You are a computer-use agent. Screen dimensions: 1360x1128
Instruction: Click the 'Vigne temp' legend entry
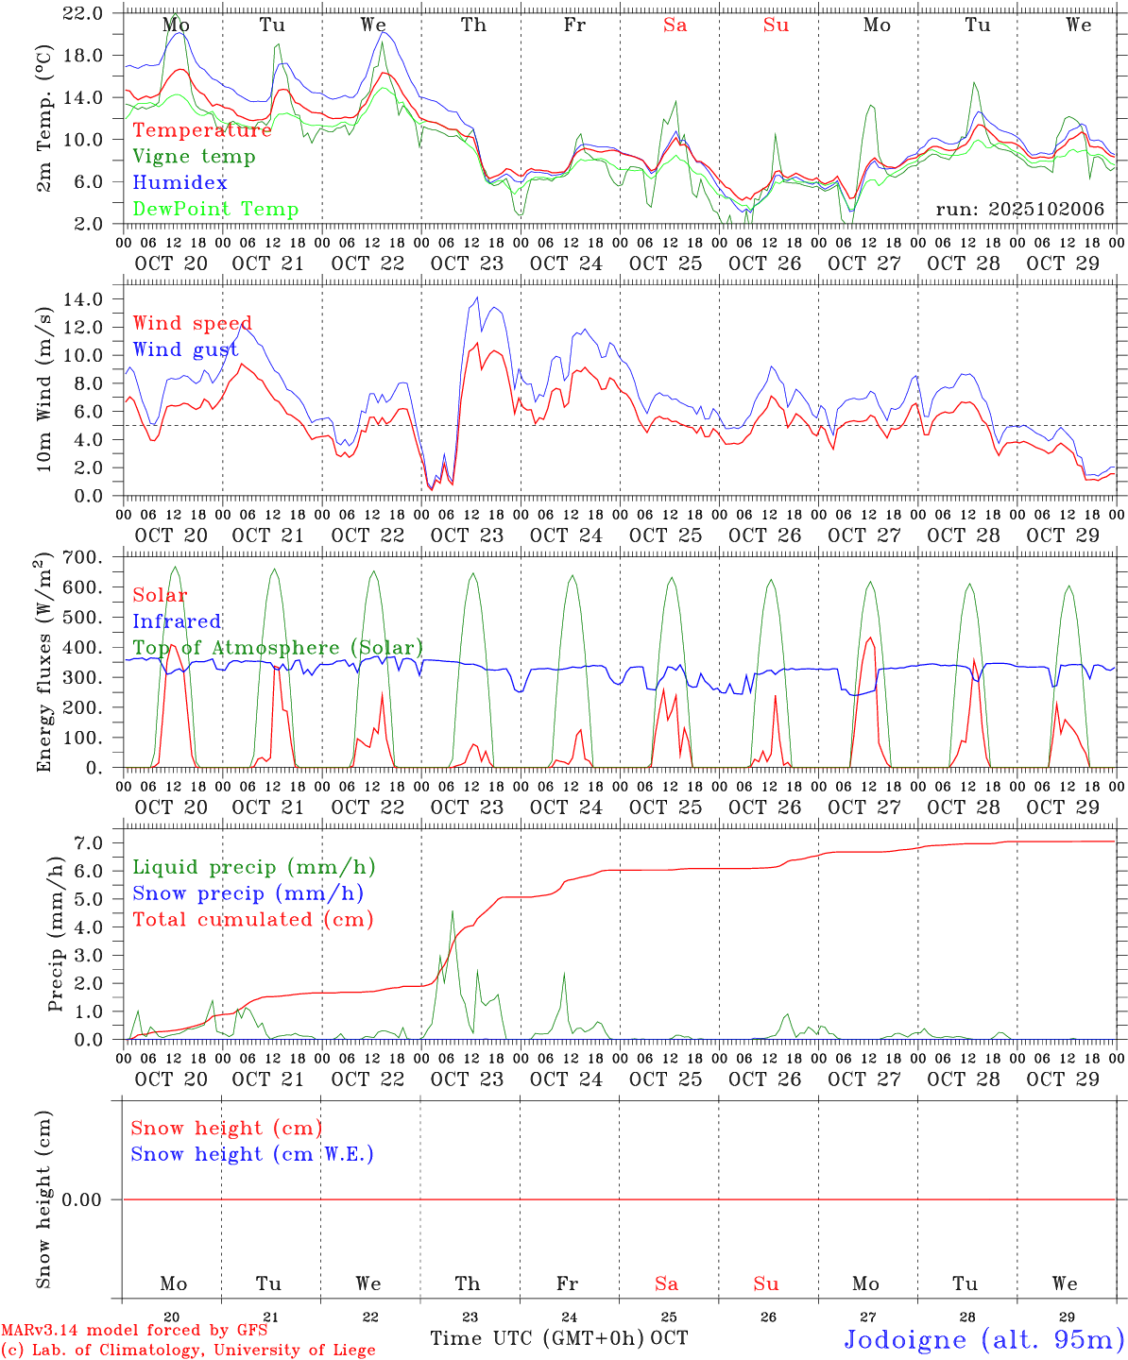point(194,157)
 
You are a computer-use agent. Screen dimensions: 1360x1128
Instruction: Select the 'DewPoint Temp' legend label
point(215,210)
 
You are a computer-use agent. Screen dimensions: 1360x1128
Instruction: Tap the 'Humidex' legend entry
point(179,183)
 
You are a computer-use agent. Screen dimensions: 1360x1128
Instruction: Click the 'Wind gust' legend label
point(185,350)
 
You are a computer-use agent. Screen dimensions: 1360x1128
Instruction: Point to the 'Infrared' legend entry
point(177,621)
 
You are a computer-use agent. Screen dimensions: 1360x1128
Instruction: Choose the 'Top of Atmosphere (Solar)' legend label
point(277,648)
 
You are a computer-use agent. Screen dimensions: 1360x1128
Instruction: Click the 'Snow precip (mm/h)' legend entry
point(248,893)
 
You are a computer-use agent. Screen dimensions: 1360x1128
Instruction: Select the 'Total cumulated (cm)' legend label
point(252,920)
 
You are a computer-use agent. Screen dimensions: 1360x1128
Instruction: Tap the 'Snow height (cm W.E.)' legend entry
point(251,1154)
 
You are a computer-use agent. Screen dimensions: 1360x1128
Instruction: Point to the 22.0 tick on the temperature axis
point(84,13)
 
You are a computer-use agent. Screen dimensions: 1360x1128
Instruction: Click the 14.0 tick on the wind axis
point(84,299)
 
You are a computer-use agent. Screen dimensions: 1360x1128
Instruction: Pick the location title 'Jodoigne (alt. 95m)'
point(983,1339)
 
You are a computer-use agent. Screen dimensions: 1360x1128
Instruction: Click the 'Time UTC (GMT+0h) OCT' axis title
point(558,1338)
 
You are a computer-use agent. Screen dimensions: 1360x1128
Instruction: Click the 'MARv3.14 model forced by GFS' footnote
point(134,1331)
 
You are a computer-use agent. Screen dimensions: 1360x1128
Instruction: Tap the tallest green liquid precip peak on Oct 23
point(453,911)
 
